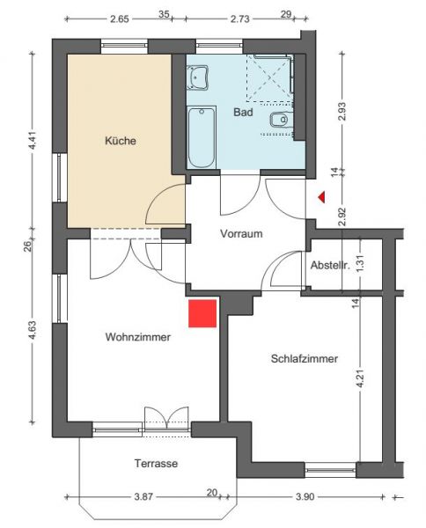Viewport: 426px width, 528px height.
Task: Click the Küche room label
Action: click(121, 141)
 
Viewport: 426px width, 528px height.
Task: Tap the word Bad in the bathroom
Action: click(243, 112)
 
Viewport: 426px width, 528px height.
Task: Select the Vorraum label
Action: click(241, 233)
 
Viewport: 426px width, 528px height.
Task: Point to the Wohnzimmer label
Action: click(137, 337)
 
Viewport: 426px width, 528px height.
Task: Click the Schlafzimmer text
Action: click(304, 358)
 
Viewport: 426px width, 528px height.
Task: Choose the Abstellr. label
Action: click(330, 266)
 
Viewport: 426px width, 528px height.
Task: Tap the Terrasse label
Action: click(156, 464)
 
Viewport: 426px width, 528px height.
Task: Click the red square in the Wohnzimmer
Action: click(202, 313)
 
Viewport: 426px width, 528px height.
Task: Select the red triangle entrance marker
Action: click(322, 197)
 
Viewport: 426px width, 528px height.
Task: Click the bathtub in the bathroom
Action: click(202, 137)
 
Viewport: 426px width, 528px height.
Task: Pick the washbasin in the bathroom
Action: click(198, 77)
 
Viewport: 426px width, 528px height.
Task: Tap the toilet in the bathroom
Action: click(280, 120)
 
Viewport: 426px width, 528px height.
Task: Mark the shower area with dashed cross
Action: click(269, 78)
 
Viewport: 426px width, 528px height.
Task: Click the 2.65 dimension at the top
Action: click(120, 18)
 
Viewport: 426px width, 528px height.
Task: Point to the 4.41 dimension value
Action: click(33, 142)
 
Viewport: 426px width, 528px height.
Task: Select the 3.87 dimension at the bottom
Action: click(143, 496)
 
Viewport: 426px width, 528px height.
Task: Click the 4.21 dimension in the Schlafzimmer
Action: click(360, 378)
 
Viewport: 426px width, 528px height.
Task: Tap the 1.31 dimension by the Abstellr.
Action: click(360, 264)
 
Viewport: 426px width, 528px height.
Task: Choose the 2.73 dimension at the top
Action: click(239, 18)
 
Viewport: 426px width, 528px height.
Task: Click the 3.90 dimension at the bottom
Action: click(305, 496)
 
